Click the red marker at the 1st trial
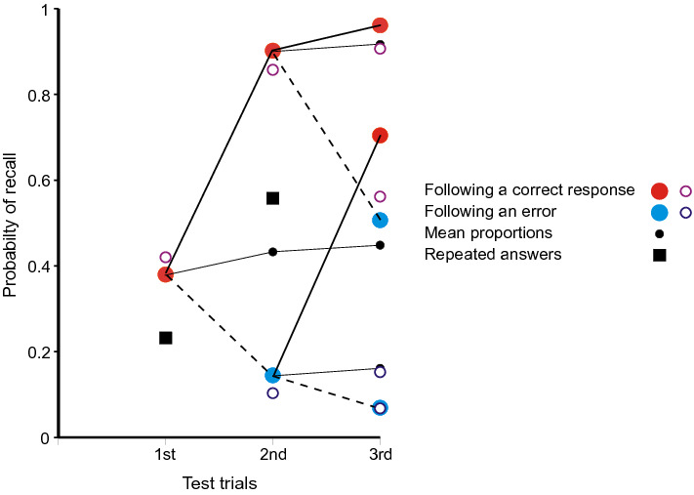[166, 274]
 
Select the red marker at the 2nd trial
[272, 51]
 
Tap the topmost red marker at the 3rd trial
[380, 25]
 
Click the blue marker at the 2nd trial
[272, 375]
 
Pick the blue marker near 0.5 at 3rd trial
[380, 221]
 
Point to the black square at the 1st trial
[166, 338]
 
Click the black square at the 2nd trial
[272, 198]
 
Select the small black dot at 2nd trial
[272, 252]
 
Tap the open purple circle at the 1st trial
[166, 258]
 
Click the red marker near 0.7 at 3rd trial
[380, 136]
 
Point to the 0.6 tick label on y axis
[35, 181]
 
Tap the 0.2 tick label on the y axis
[35, 352]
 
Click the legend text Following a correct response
[530, 190]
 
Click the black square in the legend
[660, 256]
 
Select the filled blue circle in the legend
[660, 212]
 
